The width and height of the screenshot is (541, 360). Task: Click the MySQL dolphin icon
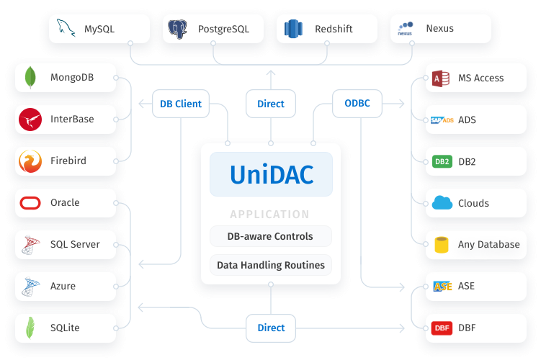(x=66, y=29)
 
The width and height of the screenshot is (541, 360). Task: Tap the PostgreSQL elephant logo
(x=178, y=29)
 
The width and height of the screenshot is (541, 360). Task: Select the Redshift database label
(x=333, y=30)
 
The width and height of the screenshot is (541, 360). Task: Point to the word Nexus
(x=439, y=30)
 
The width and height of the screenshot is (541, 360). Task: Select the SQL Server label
(x=75, y=245)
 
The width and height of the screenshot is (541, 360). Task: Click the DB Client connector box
(x=181, y=104)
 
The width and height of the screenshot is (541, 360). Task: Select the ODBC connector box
(x=357, y=104)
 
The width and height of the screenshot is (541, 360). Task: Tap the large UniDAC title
(x=271, y=175)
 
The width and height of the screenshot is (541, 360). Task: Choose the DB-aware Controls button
(x=271, y=236)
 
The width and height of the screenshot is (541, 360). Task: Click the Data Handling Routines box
(x=271, y=265)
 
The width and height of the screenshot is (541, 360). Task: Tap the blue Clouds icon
(x=442, y=203)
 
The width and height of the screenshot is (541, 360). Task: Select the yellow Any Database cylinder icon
(x=442, y=245)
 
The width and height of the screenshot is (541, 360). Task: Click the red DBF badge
(x=442, y=328)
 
